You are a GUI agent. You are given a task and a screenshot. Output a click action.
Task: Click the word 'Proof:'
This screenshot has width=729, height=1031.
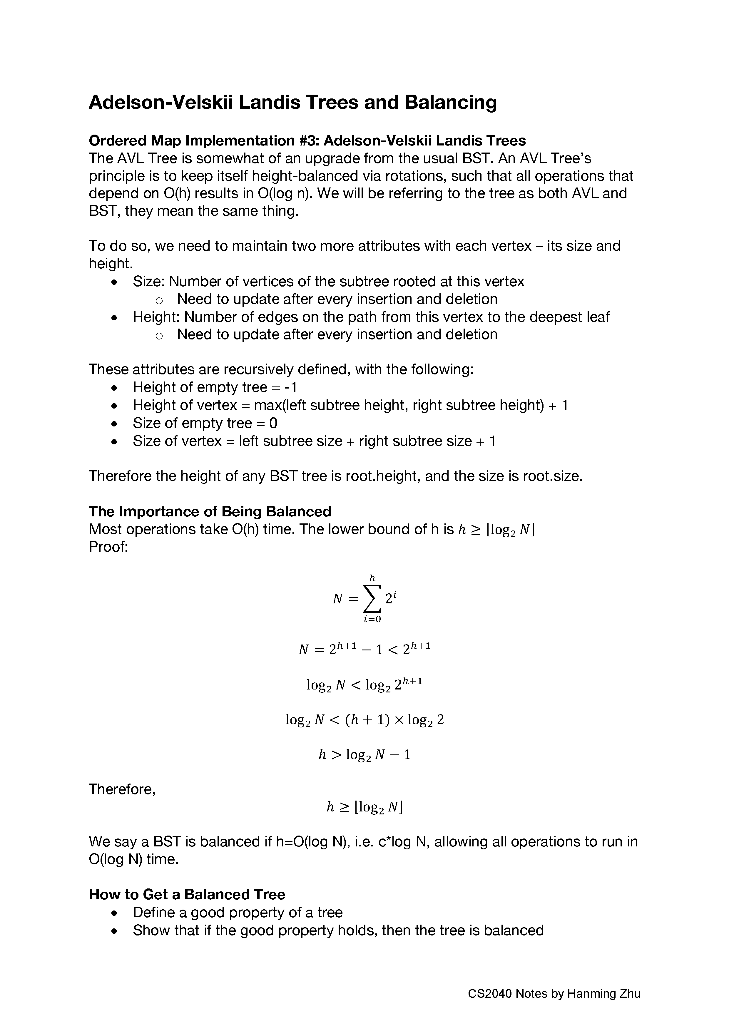coord(109,547)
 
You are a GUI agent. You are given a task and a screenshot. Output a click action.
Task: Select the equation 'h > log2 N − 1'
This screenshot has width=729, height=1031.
coord(364,754)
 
